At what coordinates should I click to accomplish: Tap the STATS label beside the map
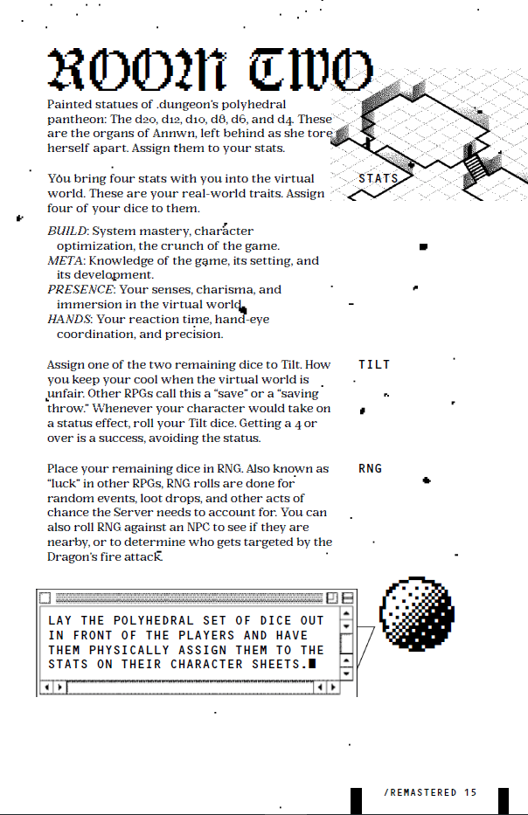pyautogui.click(x=379, y=179)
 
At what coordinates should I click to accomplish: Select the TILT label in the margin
pyautogui.click(x=374, y=364)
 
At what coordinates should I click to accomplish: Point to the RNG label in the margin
pyautogui.click(x=371, y=469)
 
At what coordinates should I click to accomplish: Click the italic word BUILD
pyautogui.click(x=67, y=231)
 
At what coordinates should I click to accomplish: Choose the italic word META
pyautogui.click(x=65, y=260)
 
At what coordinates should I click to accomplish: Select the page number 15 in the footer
pyautogui.click(x=470, y=793)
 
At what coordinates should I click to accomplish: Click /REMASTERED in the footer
pyautogui.click(x=420, y=793)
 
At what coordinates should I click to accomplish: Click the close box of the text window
pyautogui.click(x=44, y=598)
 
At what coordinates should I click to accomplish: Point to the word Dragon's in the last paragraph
pyautogui.click(x=73, y=556)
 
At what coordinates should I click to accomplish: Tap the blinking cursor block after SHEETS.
pyautogui.click(x=312, y=664)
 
